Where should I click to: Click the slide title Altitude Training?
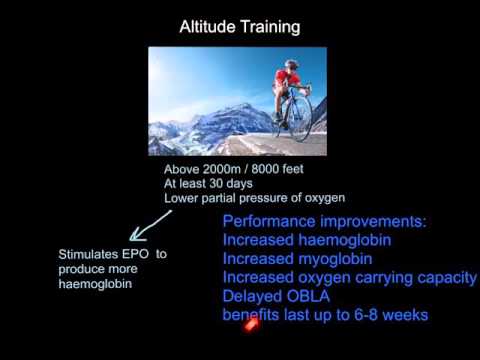pyautogui.click(x=239, y=27)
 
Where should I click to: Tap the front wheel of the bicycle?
pyautogui.click(x=299, y=118)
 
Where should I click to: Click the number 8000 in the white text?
pyautogui.click(x=252, y=169)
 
